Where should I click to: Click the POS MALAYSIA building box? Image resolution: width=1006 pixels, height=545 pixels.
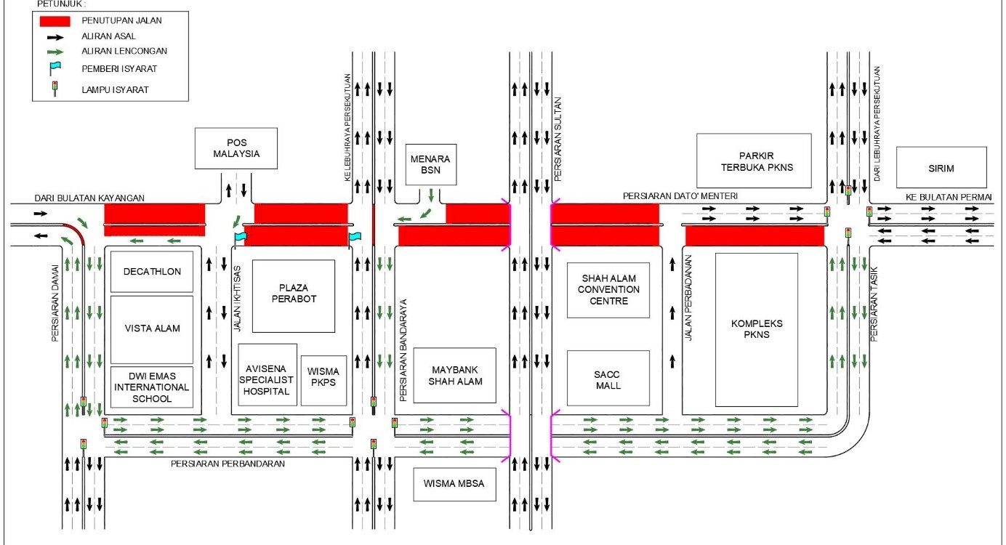[x=236, y=148]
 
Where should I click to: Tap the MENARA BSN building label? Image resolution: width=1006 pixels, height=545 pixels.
[x=431, y=164]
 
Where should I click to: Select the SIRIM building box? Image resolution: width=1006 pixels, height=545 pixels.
[x=941, y=167]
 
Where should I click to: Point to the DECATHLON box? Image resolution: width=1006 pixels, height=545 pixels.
[x=152, y=272]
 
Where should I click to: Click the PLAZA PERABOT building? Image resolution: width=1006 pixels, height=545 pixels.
[x=294, y=296]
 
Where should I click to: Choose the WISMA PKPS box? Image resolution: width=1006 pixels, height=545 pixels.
[x=323, y=381]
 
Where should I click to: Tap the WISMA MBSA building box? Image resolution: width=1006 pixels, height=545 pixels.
[x=454, y=485]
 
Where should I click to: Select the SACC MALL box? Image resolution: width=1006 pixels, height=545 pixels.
[x=608, y=378]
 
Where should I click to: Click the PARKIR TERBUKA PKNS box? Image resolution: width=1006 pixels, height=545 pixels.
[x=754, y=161]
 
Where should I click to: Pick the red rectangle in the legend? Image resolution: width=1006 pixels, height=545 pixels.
[x=55, y=21]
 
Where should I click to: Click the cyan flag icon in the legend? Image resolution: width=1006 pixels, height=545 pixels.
[x=55, y=69]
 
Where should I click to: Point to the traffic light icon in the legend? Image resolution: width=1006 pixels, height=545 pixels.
[x=55, y=89]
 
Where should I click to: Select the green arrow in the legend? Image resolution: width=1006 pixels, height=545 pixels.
[x=55, y=52]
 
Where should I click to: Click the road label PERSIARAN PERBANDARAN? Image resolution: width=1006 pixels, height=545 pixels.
[x=228, y=464]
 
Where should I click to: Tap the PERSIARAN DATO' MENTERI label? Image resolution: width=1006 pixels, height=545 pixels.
[x=680, y=195]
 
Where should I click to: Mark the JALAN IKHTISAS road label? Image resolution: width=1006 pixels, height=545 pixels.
[x=238, y=299]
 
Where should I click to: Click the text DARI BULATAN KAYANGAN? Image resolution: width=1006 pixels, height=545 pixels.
[x=89, y=198]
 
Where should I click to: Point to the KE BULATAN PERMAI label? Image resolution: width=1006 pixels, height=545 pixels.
[x=949, y=197]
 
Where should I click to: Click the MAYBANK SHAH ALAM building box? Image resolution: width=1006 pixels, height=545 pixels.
[x=454, y=375]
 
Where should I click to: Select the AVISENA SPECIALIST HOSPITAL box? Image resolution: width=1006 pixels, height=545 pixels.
[x=267, y=375]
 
